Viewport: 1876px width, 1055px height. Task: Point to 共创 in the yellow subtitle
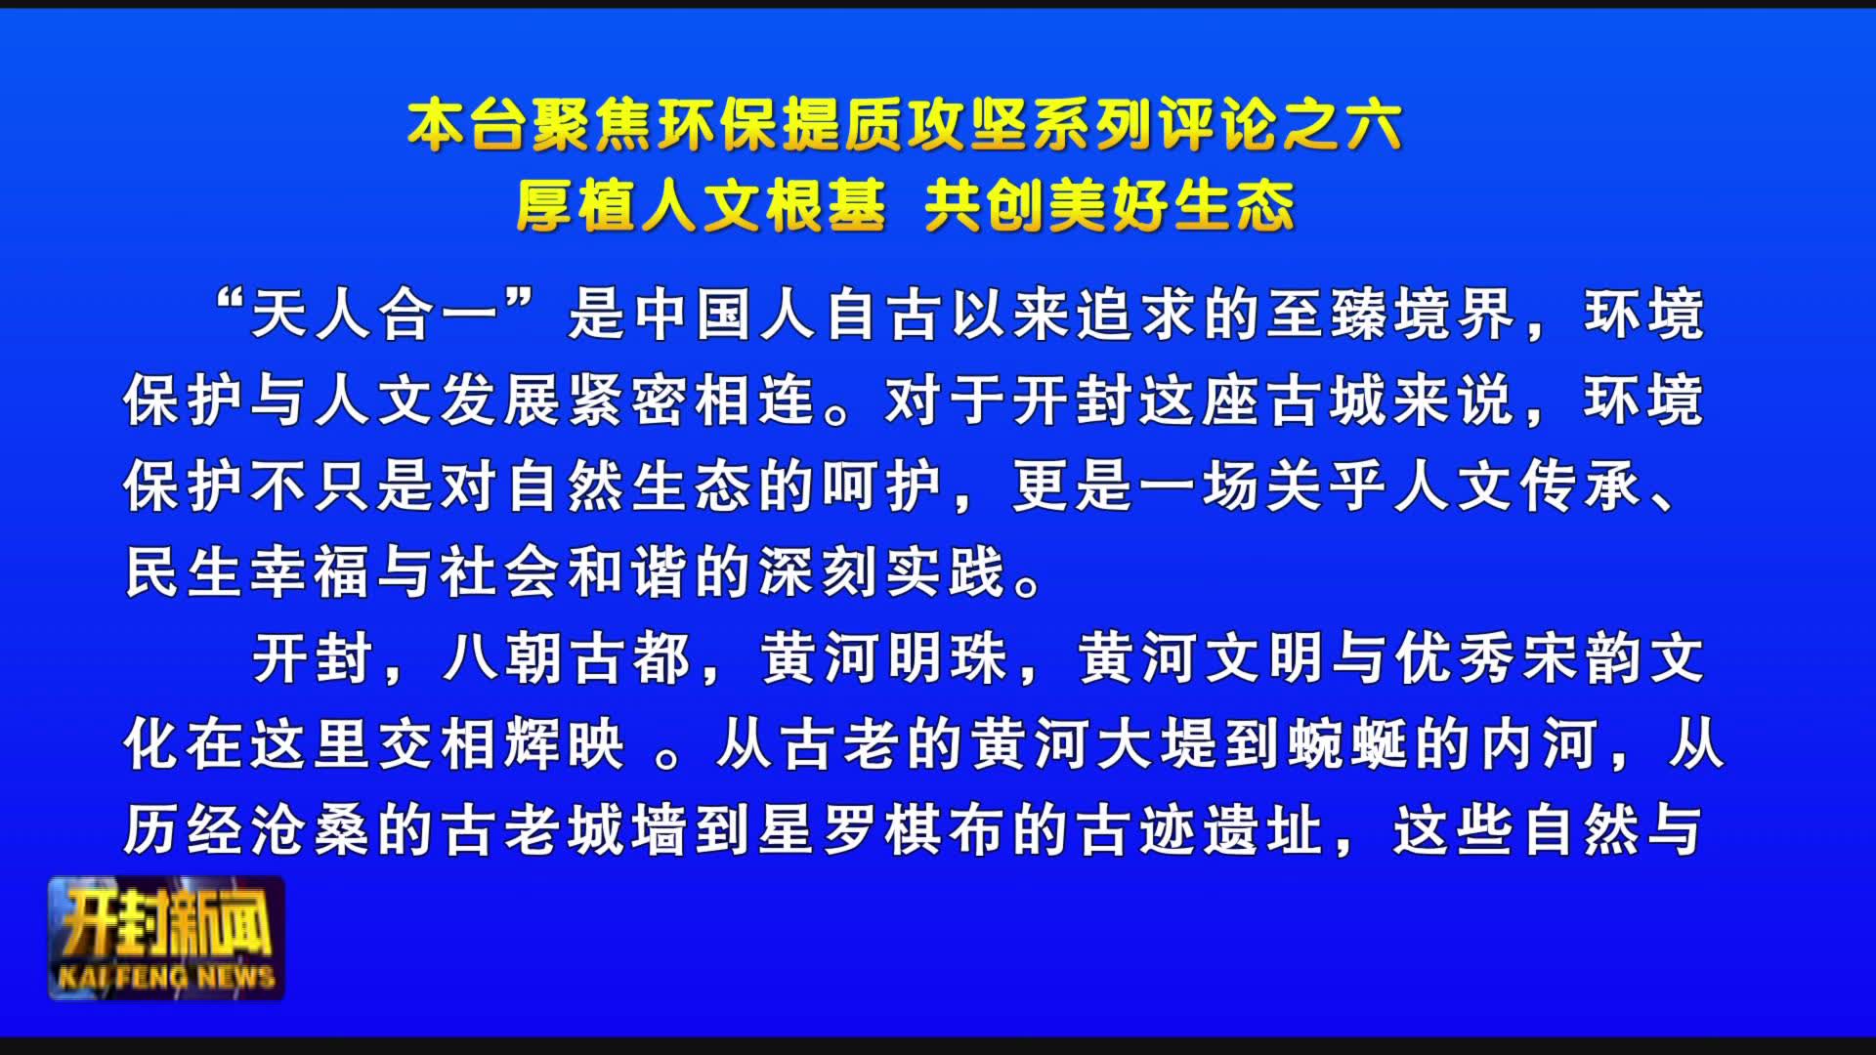985,206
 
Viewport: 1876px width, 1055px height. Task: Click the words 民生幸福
249,572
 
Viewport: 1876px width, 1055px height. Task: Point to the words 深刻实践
883,572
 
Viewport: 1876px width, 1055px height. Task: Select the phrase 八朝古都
567,659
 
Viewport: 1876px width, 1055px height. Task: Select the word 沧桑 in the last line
312,831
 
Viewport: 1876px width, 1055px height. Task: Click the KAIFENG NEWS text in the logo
166,977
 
